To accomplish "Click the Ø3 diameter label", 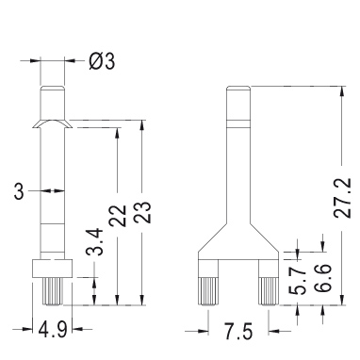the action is (x=102, y=61).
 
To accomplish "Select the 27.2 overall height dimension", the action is (x=342, y=198).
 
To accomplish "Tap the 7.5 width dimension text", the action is (x=238, y=332).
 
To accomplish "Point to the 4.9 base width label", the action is (x=53, y=330).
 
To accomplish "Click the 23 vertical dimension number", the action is (x=143, y=212).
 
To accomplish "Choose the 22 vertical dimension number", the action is (x=118, y=216).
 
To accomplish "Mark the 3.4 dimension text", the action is (x=94, y=242).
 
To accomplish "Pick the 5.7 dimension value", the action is (x=297, y=281).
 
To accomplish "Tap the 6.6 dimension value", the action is (x=322, y=278).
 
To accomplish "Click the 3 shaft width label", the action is (x=19, y=191).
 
